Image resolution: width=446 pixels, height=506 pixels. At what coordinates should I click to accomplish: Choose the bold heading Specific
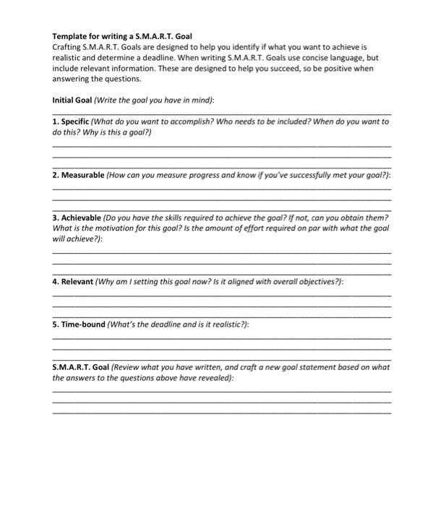tap(76, 122)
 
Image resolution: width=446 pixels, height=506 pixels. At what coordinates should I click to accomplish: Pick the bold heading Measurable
tap(82, 176)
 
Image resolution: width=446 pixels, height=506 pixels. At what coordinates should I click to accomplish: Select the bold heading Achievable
tap(81, 218)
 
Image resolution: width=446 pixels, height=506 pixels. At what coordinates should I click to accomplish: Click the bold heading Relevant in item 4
tap(77, 281)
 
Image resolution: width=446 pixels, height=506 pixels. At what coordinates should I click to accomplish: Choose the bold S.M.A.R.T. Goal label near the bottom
tap(80, 366)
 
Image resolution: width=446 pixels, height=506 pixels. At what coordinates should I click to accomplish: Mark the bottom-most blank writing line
tap(222, 413)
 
